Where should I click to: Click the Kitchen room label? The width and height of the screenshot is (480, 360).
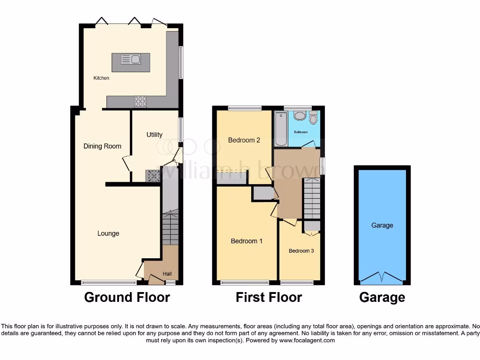point(101,78)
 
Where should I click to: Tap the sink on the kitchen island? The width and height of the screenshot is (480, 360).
point(131,59)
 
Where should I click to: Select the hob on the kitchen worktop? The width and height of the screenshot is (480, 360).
point(140,102)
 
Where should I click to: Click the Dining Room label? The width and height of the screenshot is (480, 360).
point(102,146)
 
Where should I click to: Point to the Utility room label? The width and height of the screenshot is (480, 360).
point(154,135)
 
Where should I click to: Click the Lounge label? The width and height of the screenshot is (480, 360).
point(108,233)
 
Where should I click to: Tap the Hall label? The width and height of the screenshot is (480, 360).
point(167,274)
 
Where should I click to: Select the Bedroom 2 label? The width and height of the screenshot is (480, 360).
point(244,140)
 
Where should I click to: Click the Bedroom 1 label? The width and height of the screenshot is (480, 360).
point(247,241)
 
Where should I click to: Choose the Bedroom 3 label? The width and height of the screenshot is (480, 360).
point(301,251)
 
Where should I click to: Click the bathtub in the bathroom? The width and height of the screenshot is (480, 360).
point(281,128)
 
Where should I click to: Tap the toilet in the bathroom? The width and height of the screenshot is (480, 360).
point(313,118)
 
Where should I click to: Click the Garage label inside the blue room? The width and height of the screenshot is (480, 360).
point(382,225)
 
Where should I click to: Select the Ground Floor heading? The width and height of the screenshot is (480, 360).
point(127,297)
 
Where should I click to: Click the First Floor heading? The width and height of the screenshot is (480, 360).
point(269,297)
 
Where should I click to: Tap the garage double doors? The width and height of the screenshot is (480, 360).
point(382,277)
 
